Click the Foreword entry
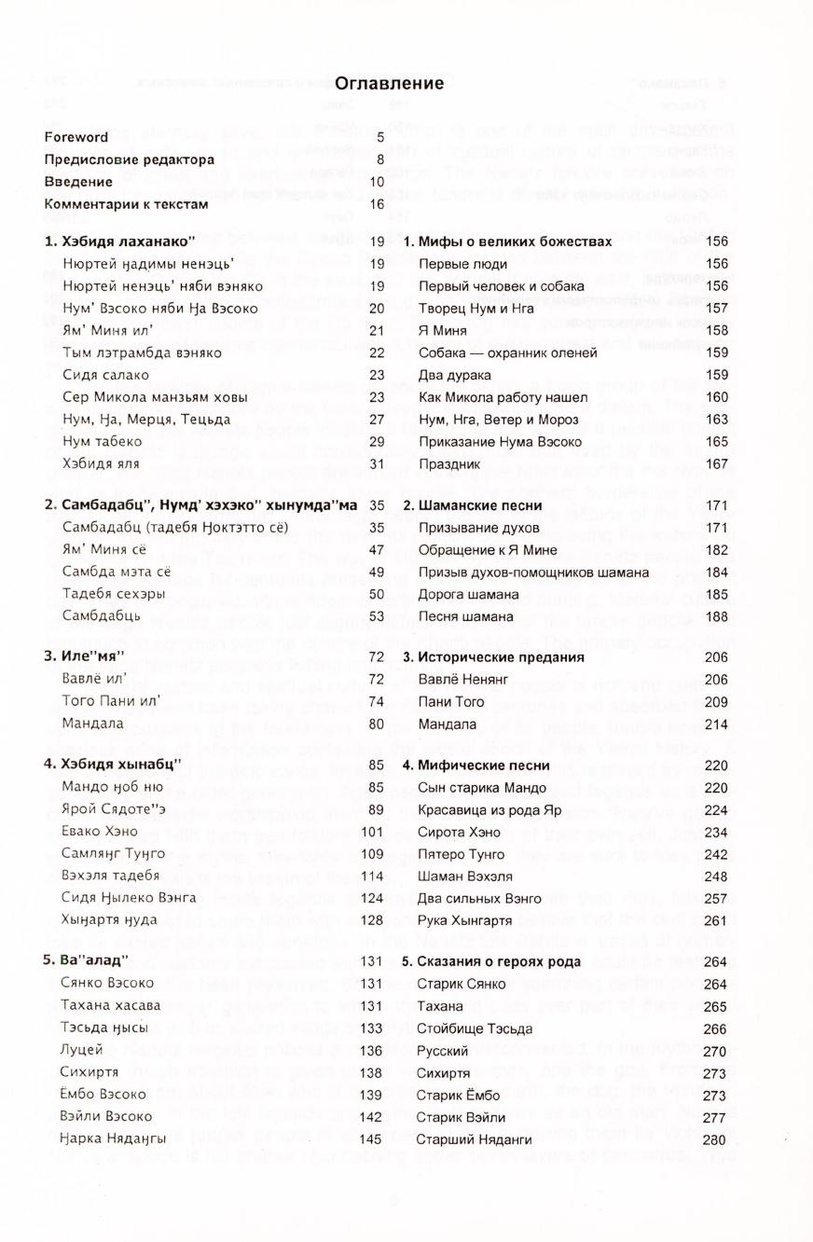[76, 137]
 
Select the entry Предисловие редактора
[129, 159]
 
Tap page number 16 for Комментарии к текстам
[377, 204]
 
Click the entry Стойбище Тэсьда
[475, 1028]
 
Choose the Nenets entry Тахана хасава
[111, 1005]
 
